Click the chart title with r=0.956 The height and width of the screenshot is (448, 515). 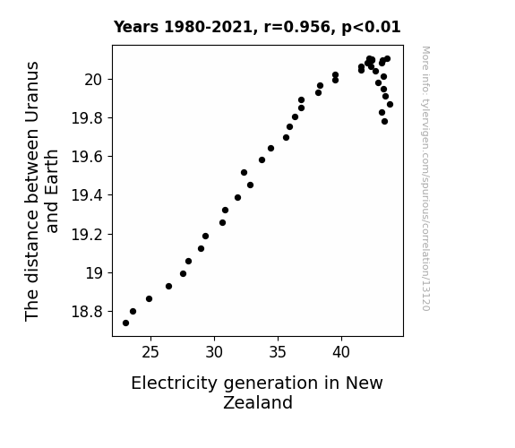tap(257, 27)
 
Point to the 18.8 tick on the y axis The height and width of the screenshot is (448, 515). tap(88, 311)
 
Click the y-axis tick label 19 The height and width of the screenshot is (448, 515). tap(95, 272)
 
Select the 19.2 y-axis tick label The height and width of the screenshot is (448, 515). tap(88, 235)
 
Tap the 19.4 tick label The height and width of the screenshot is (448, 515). tap(88, 195)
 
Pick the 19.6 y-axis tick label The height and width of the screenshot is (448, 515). tap(88, 157)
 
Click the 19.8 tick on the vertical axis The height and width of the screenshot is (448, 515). tap(88, 118)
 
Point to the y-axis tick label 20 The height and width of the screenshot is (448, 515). tap(94, 80)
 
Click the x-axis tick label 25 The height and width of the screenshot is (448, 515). tap(150, 352)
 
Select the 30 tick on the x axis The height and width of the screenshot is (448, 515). tap(214, 352)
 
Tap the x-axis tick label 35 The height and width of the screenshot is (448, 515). tap(278, 352)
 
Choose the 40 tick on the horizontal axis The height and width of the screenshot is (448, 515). tap(341, 352)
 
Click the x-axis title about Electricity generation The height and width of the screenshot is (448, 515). tap(257, 392)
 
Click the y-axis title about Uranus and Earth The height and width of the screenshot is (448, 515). tap(41, 191)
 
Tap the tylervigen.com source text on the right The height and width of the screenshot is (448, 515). tap(425, 178)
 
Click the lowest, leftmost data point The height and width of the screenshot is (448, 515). tap(125, 323)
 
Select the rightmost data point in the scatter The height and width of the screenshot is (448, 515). tap(390, 105)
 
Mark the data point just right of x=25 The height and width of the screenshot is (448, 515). tap(149, 298)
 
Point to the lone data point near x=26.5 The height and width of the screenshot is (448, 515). tap(168, 287)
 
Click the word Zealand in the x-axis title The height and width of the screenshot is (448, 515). tap(258, 402)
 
